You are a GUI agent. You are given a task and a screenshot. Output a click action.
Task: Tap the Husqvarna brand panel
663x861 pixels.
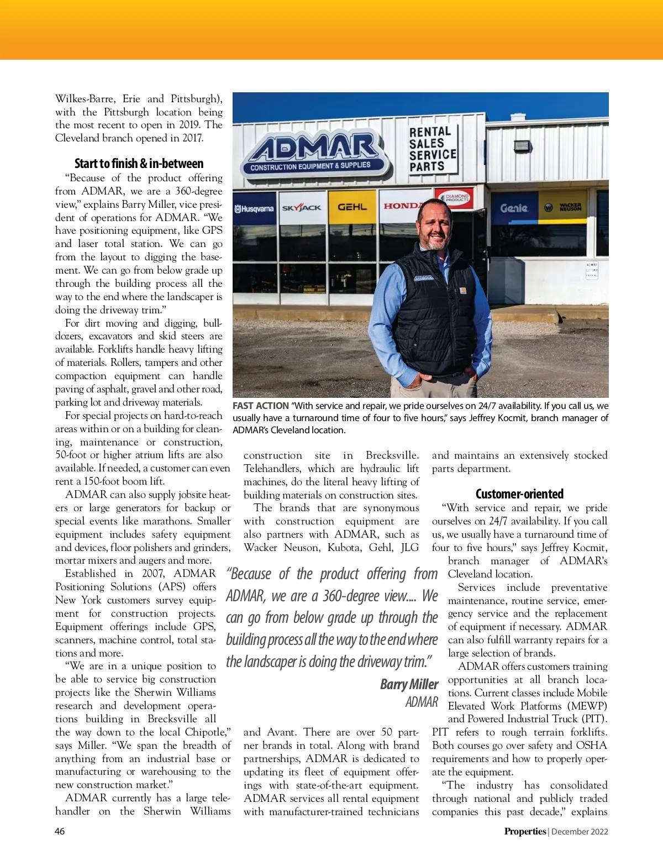coord(254,209)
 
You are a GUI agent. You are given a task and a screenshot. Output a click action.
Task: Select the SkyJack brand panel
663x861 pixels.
coord(302,208)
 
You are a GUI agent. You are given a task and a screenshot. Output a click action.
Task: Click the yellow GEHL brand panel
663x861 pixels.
coord(352,207)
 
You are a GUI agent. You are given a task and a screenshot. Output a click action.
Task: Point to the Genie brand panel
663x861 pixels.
coord(514,208)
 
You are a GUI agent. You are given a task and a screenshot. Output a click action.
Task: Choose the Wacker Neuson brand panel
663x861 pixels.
coord(564,207)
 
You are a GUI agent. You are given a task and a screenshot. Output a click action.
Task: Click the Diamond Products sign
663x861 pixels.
coord(456,198)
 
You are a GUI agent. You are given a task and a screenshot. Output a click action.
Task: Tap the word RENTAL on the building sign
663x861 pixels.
coord(430,132)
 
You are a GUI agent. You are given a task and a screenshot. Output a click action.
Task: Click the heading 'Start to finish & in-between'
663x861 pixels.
coord(139,164)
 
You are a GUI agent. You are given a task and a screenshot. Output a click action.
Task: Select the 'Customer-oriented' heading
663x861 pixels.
coord(519,494)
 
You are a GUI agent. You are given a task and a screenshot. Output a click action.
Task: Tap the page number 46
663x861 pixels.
coord(60,831)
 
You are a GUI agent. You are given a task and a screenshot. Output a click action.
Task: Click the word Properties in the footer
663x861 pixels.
coord(524,831)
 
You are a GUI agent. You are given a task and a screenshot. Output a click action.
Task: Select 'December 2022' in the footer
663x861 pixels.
coord(580,831)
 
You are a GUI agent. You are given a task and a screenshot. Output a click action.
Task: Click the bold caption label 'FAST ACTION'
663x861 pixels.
coord(260,406)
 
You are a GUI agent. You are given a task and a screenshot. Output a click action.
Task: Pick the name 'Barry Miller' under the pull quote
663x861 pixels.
coord(409,684)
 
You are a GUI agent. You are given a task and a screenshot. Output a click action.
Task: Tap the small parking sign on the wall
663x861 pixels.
coord(591,270)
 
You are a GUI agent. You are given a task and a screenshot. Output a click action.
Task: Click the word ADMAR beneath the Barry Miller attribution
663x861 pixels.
coord(422,702)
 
